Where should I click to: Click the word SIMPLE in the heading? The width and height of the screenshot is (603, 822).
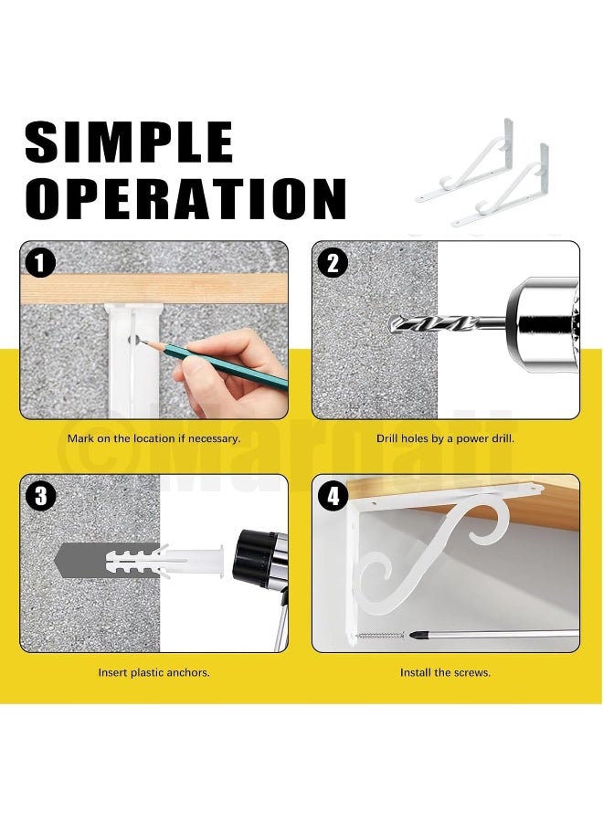(129, 142)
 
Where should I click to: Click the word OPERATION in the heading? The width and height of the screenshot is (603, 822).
(185, 199)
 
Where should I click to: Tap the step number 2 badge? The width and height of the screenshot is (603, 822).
(333, 263)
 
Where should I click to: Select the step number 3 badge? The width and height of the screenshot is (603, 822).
(40, 496)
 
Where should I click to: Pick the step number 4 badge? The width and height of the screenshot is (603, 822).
(333, 496)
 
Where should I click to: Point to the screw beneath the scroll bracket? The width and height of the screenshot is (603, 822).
(380, 636)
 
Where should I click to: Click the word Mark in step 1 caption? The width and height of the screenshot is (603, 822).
(80, 438)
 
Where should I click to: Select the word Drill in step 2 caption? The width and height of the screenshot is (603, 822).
(387, 438)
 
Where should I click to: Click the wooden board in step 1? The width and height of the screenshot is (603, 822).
(154, 289)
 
